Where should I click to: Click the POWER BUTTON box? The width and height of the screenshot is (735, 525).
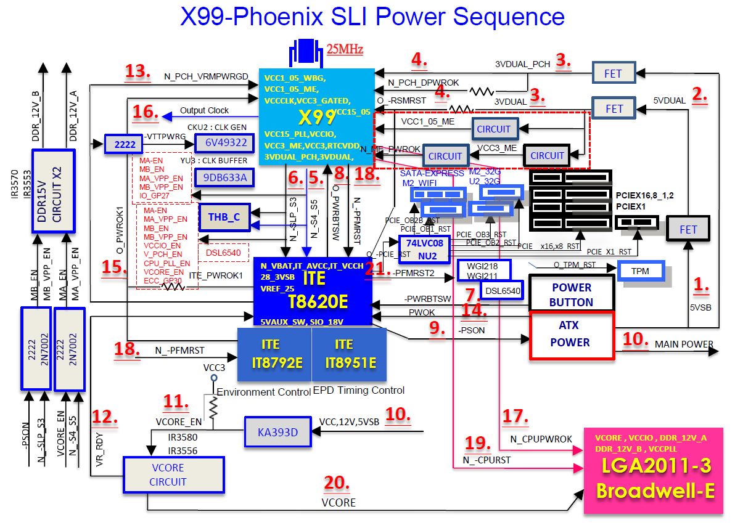571,295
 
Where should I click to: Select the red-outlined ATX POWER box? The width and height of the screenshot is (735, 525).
571,335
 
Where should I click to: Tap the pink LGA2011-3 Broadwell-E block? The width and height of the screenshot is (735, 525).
654,471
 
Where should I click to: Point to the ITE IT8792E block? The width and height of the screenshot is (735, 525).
274,354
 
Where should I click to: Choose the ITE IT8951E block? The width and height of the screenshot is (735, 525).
348,354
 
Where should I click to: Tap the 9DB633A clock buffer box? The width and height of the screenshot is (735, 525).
220,178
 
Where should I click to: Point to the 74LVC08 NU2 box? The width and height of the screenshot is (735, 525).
424,248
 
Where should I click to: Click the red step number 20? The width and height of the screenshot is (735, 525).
337,484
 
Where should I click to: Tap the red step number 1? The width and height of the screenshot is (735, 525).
701,285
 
